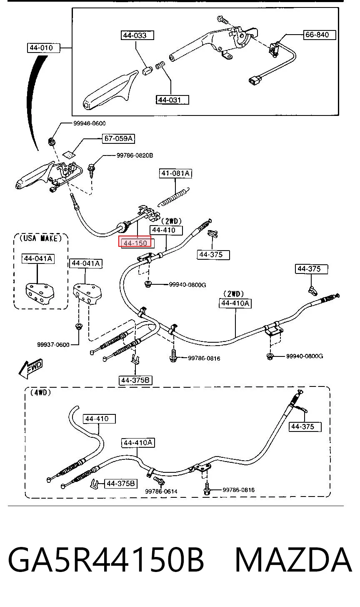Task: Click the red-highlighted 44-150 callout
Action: pyautogui.click(x=135, y=241)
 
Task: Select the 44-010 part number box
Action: pyautogui.click(x=43, y=48)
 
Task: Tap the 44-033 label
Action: pyautogui.click(x=137, y=35)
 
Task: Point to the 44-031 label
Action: pyautogui.click(x=172, y=100)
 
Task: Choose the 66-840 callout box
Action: pyautogui.click(x=319, y=35)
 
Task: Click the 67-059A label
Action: pyautogui.click(x=118, y=138)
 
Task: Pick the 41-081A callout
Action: pyautogui.click(x=175, y=173)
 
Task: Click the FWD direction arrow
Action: pyautogui.click(x=30, y=369)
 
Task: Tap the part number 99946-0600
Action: pyautogui.click(x=90, y=123)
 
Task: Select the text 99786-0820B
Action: pyautogui.click(x=135, y=155)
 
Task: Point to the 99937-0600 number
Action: pyautogui.click(x=53, y=345)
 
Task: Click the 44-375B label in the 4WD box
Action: pyautogui.click(x=120, y=484)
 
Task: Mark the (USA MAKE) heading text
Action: pyautogui.click(x=41, y=238)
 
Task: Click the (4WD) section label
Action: pyautogui.click(x=40, y=392)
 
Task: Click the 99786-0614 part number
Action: pyautogui.click(x=161, y=491)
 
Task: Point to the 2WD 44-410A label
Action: pyautogui.click(x=235, y=303)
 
